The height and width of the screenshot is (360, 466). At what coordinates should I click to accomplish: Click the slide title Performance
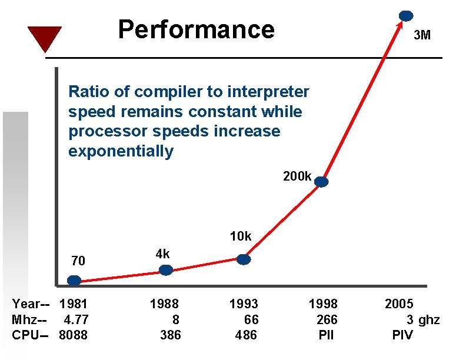196,29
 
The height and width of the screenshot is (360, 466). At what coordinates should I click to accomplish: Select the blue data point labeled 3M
406,16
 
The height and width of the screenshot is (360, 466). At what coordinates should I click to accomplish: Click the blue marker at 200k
321,182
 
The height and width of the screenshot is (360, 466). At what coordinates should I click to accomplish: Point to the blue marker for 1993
244,259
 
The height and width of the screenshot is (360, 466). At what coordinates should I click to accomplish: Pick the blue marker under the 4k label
167,270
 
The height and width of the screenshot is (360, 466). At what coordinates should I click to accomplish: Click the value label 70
78,261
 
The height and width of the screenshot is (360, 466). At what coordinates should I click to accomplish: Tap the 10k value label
241,236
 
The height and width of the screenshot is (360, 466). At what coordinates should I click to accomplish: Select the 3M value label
422,35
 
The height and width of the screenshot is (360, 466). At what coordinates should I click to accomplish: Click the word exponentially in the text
121,152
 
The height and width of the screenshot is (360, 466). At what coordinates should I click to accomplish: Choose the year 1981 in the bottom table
74,304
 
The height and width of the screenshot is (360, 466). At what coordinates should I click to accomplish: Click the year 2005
399,304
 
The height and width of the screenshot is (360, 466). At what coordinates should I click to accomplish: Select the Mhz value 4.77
76,320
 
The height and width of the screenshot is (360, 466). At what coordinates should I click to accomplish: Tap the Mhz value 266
327,320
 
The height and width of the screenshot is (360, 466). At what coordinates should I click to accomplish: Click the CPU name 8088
74,335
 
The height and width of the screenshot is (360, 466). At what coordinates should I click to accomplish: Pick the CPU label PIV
402,335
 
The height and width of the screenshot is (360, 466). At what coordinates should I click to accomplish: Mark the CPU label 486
246,335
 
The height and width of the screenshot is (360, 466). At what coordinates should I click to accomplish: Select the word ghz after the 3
429,320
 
